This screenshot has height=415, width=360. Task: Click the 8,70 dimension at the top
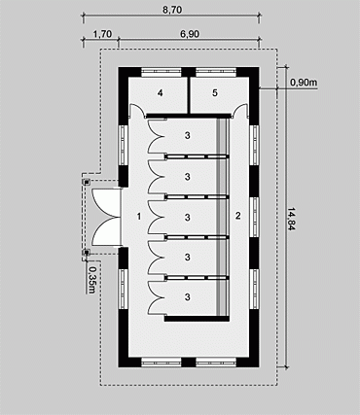coord(172,9)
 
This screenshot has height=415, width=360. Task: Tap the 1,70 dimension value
coord(102,34)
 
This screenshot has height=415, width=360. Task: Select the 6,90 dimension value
coord(190,34)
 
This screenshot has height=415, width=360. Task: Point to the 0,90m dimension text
coord(304,83)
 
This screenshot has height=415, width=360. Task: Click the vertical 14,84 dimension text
coord(292,219)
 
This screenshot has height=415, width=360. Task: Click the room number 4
coord(160,93)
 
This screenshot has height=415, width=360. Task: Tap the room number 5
coord(215,93)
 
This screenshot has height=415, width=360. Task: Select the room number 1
coord(139,216)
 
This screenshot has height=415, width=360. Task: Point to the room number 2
coord(238,216)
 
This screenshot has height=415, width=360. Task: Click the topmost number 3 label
coord(187,135)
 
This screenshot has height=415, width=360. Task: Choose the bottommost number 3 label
coord(187,296)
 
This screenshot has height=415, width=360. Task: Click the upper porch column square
coord(87,182)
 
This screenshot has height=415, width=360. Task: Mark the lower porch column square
coord(87,253)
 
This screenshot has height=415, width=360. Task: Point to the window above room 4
coord(162,72)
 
